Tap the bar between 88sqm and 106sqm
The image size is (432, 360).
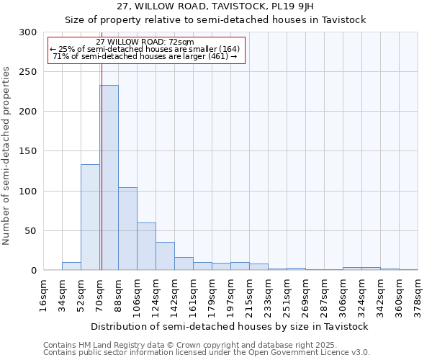click(127, 229)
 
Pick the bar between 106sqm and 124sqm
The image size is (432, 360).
click(146, 246)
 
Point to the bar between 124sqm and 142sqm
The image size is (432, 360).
click(165, 256)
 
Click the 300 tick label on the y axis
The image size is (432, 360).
click(27, 32)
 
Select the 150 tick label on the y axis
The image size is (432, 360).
click(27, 151)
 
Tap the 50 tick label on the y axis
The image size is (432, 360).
click(30, 231)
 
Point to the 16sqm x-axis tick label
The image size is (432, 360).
click(44, 294)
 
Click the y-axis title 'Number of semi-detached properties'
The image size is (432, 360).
click(6, 156)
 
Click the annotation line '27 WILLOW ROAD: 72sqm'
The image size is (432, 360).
click(145, 42)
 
